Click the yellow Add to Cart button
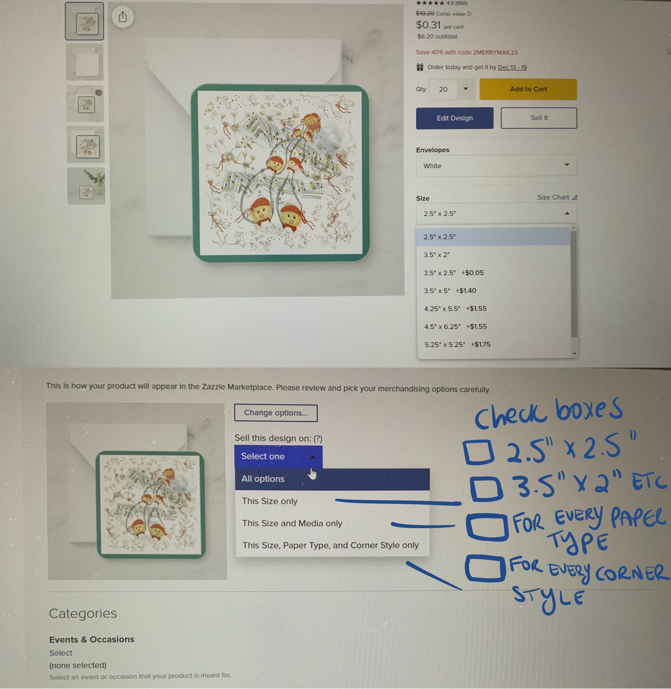click(528, 89)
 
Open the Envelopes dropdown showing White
click(496, 166)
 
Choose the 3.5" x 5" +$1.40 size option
click(450, 291)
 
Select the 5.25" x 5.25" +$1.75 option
click(457, 344)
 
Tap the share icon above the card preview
click(123, 17)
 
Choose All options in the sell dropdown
click(263, 479)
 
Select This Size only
click(270, 501)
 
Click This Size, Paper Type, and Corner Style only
click(331, 545)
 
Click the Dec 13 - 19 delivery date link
click(512, 67)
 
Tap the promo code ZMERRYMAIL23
click(495, 52)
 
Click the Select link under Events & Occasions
click(61, 653)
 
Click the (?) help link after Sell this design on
click(318, 439)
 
